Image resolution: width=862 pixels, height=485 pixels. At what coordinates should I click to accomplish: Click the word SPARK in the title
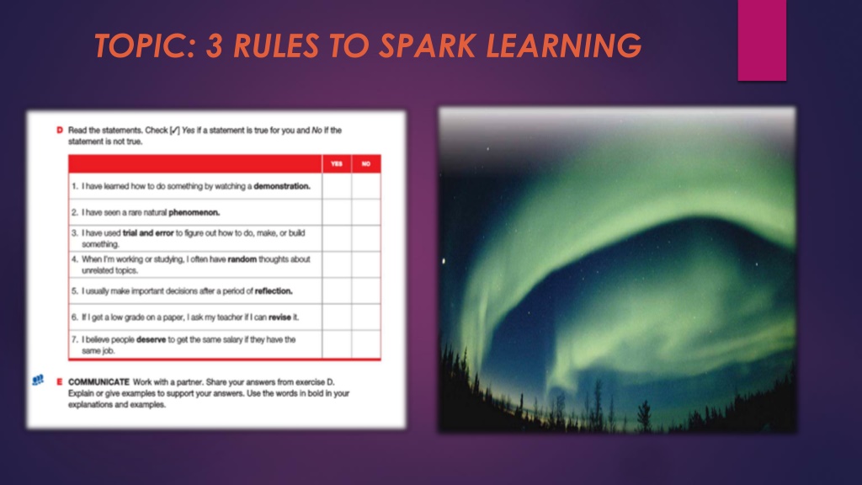coord(427,45)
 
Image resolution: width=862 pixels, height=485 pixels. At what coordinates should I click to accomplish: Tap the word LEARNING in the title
coord(563,45)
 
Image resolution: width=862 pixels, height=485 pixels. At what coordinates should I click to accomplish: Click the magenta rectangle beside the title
coord(762,40)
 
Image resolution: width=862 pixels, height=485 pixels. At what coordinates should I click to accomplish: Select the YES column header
coord(337,164)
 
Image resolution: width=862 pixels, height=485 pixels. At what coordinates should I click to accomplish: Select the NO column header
coord(366,164)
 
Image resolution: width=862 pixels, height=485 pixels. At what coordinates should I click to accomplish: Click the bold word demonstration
coord(282,186)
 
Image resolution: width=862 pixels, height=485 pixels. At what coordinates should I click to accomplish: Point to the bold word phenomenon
coord(194,212)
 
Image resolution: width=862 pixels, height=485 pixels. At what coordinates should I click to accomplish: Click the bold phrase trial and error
coord(148,233)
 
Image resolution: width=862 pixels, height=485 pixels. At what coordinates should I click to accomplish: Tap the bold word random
coord(242,259)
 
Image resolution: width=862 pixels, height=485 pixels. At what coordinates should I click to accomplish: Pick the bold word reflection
coord(274,290)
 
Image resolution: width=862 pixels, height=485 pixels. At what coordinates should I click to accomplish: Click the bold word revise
coord(279,317)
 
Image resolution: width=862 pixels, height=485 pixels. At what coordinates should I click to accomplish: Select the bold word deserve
coord(152,340)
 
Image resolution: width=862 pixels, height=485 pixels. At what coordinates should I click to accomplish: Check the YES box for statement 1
coord(337,186)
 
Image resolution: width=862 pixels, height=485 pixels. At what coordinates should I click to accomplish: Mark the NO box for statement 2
coord(366,212)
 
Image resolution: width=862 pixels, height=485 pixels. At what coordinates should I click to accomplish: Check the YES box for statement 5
coord(337,290)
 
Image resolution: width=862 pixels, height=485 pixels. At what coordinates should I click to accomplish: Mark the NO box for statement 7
coord(366,344)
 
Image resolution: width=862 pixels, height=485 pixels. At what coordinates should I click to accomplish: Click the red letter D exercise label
coord(60,131)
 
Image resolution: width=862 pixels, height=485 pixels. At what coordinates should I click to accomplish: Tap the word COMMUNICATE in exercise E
coord(99,381)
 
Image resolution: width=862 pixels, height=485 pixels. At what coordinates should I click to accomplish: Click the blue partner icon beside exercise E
coord(38,380)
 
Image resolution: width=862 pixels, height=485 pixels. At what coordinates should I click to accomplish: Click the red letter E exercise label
coord(60,381)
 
